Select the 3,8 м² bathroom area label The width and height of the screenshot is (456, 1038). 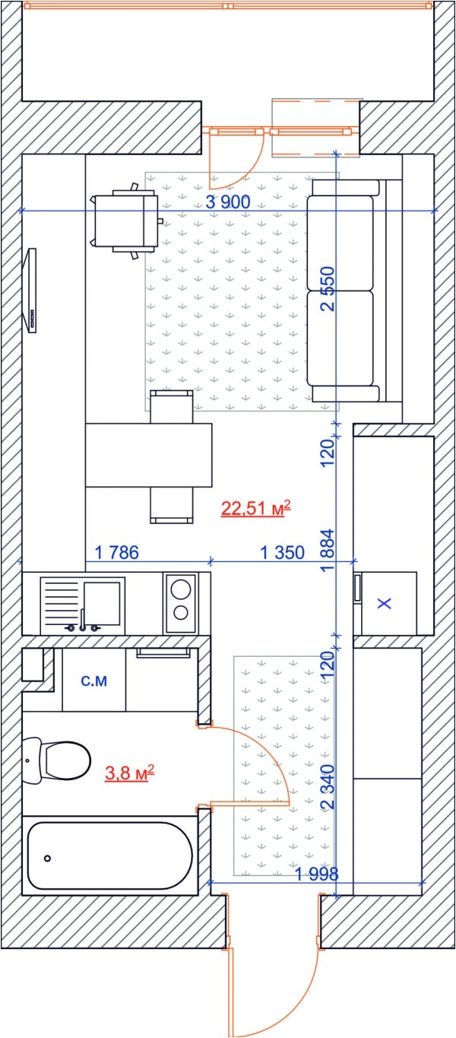coord(129,774)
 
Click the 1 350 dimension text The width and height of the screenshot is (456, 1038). coord(282,553)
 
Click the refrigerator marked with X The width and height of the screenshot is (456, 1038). coord(385,604)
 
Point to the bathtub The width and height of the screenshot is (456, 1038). coord(109,856)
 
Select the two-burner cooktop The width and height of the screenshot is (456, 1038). coord(180,602)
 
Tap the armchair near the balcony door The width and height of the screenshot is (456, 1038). coord(125,221)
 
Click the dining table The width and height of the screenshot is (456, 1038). coord(148,455)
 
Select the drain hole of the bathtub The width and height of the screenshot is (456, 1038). coord(47,858)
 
